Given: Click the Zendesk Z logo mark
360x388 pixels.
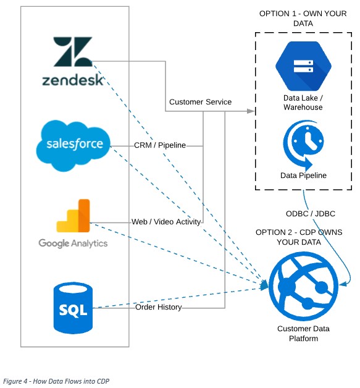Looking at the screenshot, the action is tap(73, 51).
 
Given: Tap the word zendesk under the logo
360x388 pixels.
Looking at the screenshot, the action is tap(73, 80).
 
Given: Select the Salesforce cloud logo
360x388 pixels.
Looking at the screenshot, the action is tap(73, 146).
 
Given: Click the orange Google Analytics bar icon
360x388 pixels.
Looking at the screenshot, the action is tap(73, 216).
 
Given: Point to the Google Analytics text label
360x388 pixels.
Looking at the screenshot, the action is tap(73, 243).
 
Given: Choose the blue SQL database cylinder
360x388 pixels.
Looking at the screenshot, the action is tap(73, 308).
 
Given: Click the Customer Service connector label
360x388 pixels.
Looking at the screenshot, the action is tap(200, 102).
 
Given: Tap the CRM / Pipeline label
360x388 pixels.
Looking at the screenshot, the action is tap(160, 145).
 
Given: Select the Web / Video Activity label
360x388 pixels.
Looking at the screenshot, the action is tap(166, 222).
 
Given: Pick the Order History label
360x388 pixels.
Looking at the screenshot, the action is tap(159, 307).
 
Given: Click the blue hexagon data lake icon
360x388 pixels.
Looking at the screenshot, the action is tap(303, 66).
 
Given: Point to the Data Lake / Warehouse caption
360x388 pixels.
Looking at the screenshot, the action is tap(303, 103).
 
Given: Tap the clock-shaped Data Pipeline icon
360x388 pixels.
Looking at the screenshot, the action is tap(303, 145).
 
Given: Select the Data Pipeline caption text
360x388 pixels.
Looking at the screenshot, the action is tap(303, 175).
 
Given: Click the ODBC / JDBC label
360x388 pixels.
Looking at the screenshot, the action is tap(311, 214).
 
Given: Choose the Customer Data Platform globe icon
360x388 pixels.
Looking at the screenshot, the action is tap(303, 287).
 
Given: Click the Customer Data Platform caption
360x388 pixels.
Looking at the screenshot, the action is tap(303, 333).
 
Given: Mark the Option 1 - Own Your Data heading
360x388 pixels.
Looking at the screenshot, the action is tap(303, 19).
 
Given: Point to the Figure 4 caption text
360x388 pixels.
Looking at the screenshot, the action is tap(56, 381).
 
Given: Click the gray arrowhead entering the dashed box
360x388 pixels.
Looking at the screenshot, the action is tap(251, 111).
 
